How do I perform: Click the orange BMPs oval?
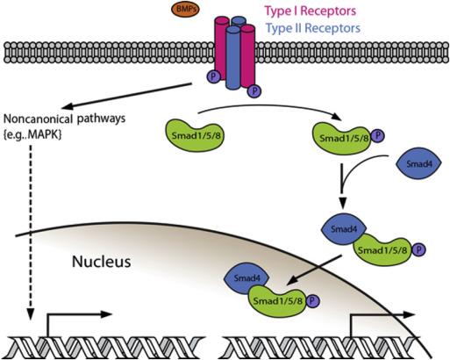coord(185,9)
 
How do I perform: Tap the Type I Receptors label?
coord(311,11)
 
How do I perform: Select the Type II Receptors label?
coord(313,28)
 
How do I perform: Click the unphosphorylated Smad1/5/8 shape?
coord(195,135)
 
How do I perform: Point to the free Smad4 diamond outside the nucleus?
coord(418,163)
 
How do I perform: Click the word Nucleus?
coord(101,262)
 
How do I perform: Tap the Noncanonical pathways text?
coord(64,119)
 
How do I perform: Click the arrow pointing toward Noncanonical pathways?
coord(126,96)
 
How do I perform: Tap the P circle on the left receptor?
coord(213,76)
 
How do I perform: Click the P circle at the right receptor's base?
coord(254,91)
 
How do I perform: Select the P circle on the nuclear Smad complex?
coord(312,301)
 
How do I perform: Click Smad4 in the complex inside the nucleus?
coord(246,277)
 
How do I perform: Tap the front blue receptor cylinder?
coord(233,58)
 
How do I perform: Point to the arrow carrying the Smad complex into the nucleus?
coord(315,270)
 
